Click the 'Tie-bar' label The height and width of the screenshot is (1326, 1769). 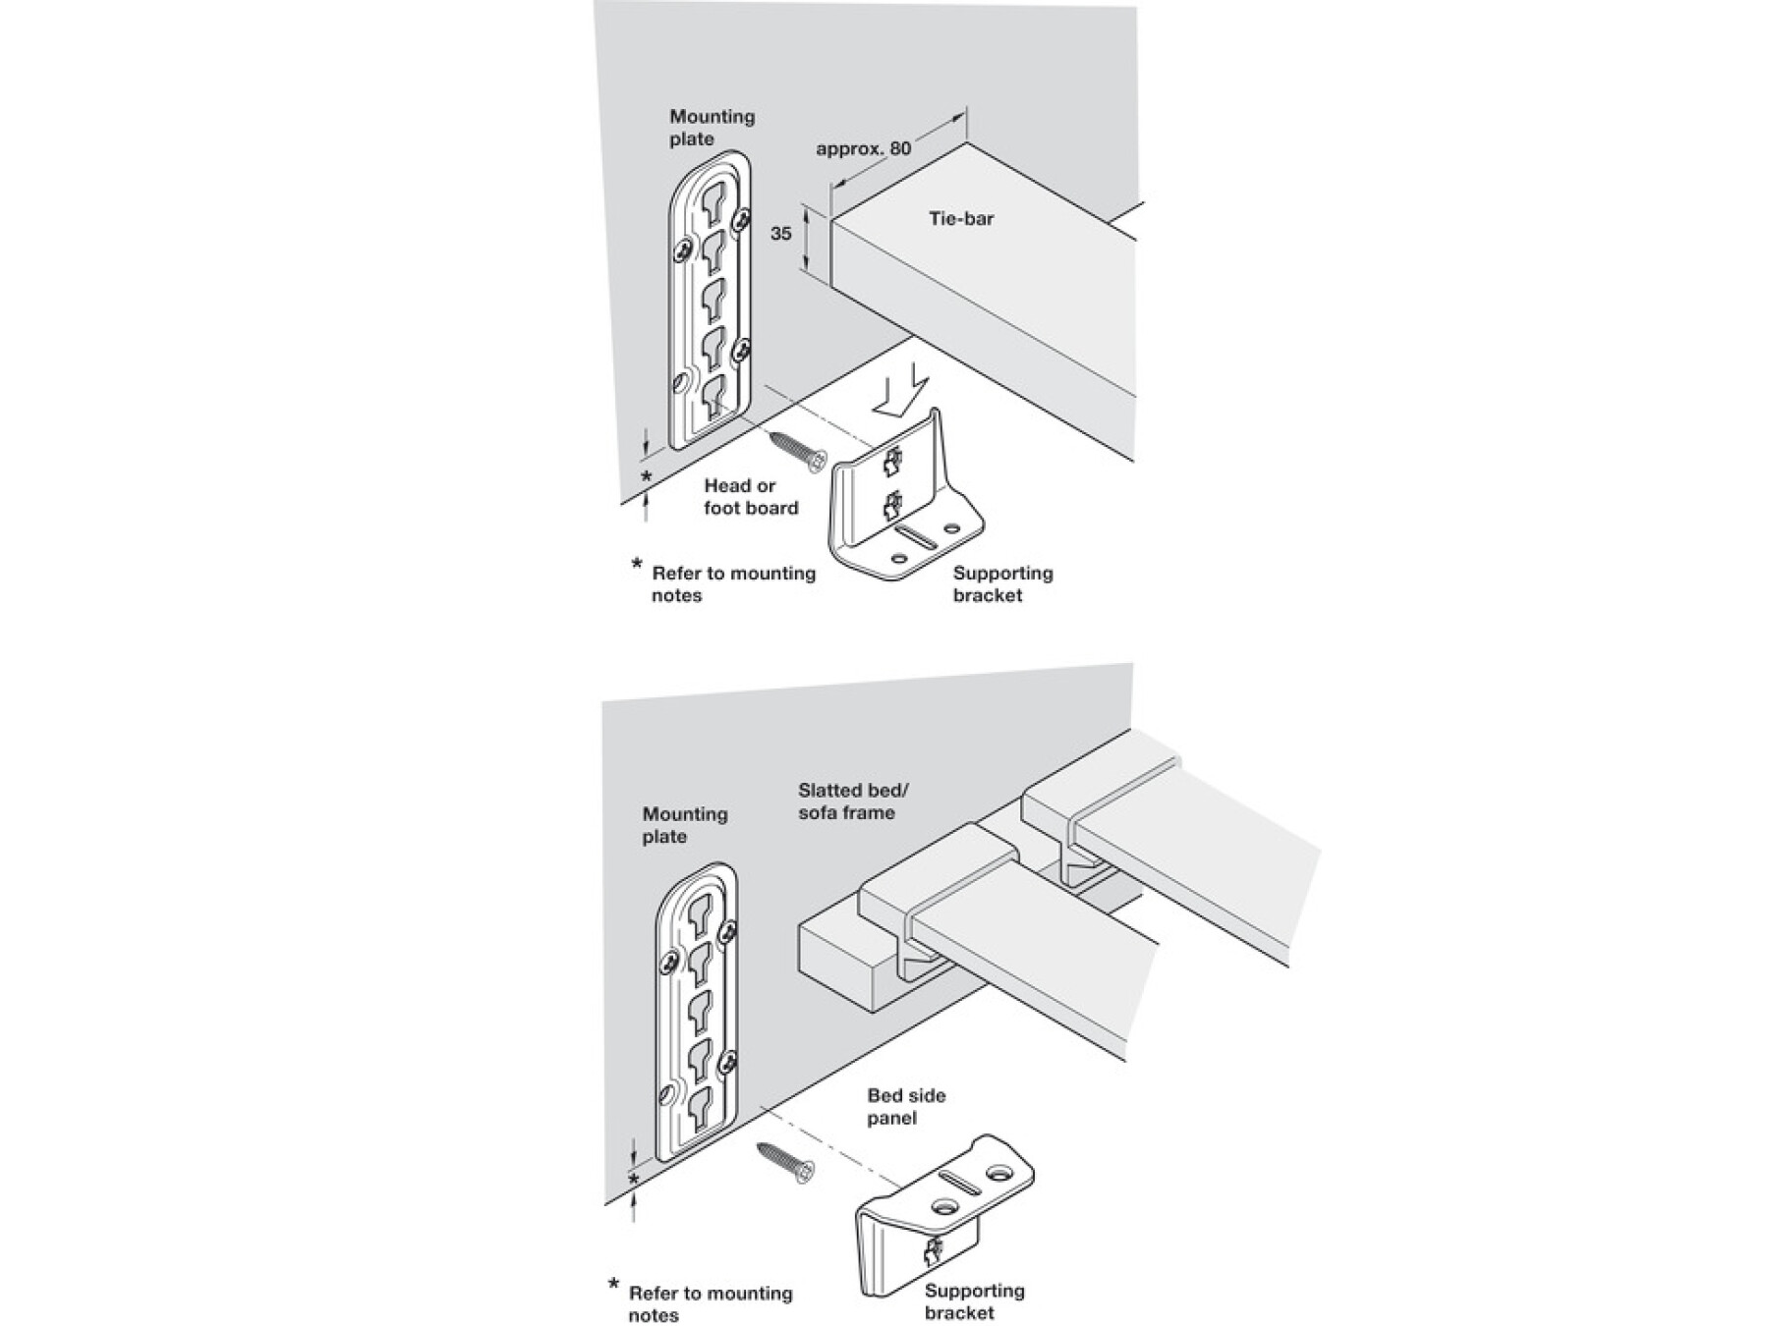[x=961, y=218]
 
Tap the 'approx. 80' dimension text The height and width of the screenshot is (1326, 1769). [x=863, y=148]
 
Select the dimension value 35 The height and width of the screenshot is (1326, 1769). [x=780, y=234]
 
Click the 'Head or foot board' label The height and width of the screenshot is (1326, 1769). [x=751, y=496]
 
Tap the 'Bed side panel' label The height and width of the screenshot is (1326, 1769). [x=905, y=1106]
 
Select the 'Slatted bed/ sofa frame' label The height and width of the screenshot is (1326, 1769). [x=846, y=801]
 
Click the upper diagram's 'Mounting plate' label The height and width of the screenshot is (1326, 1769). [x=712, y=128]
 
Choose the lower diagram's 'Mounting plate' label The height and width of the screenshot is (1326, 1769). [x=684, y=825]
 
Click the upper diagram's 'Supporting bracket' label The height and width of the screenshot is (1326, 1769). [x=1001, y=583]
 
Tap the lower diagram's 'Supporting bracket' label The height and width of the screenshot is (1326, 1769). [x=973, y=1300]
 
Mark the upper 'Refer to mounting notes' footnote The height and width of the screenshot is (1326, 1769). [x=732, y=583]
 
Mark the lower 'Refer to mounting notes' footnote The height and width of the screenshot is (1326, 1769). [x=710, y=1303]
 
